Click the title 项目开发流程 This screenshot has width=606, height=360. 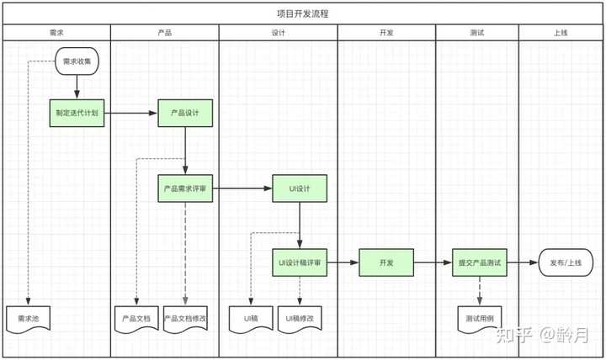pyautogui.click(x=303, y=14)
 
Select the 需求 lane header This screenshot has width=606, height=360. pyautogui.click(x=56, y=33)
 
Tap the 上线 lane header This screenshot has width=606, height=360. pyautogui.click(x=561, y=33)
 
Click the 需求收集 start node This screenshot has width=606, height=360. pyautogui.click(x=77, y=61)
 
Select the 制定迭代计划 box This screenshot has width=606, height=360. pyautogui.click(x=77, y=113)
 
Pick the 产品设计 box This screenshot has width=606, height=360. pyautogui.click(x=185, y=113)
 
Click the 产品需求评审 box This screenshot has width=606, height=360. pyautogui.click(x=185, y=188)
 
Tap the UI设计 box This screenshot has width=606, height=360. pyautogui.click(x=300, y=188)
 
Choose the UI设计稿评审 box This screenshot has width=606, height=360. pyautogui.click(x=300, y=262)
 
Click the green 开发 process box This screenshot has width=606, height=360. pyautogui.click(x=386, y=262)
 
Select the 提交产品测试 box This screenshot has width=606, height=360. pyautogui.click(x=480, y=262)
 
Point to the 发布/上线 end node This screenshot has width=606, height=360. pyautogui.click(x=566, y=262)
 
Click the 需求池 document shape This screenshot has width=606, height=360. pyautogui.click(x=29, y=319)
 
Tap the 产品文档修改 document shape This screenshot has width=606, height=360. pyautogui.click(x=185, y=319)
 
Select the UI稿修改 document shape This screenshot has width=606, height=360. pyautogui.click(x=300, y=319)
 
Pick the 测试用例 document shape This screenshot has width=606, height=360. pyautogui.click(x=480, y=319)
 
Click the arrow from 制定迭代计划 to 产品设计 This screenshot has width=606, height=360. pyautogui.click(x=131, y=113)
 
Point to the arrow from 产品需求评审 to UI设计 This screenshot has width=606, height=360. pyautogui.click(x=242, y=188)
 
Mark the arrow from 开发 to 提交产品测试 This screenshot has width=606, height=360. pyautogui.click(x=433, y=262)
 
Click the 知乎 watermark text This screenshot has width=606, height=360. pyautogui.click(x=513, y=335)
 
